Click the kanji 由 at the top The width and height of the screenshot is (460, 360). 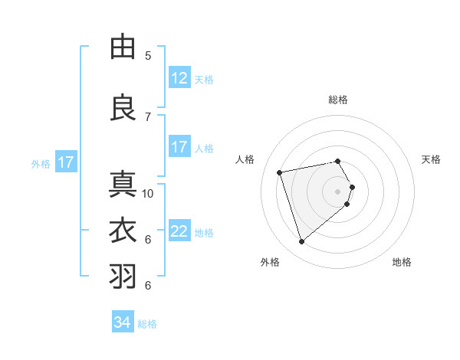point(123,47)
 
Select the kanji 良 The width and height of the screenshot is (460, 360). point(123,107)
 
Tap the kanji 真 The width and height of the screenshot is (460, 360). point(123,185)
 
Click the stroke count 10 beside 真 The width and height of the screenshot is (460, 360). point(148,194)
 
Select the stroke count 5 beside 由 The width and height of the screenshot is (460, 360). point(148,56)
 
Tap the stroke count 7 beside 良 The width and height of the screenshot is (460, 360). point(148,116)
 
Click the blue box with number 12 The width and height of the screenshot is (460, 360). point(179,78)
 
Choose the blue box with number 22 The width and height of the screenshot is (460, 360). point(179,231)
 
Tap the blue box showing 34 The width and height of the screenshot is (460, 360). point(123,322)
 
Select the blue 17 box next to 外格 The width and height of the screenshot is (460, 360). point(65,162)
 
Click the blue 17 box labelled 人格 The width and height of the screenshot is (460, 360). point(179,147)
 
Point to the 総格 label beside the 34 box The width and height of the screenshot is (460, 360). point(147,324)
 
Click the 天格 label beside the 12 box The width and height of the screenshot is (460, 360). point(204,79)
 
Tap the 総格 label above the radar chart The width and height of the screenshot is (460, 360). point(338,100)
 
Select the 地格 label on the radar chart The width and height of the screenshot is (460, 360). point(402,262)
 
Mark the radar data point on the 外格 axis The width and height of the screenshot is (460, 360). point(302,242)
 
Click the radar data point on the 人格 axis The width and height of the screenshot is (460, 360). point(280,172)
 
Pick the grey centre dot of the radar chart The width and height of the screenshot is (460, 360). point(338,191)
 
